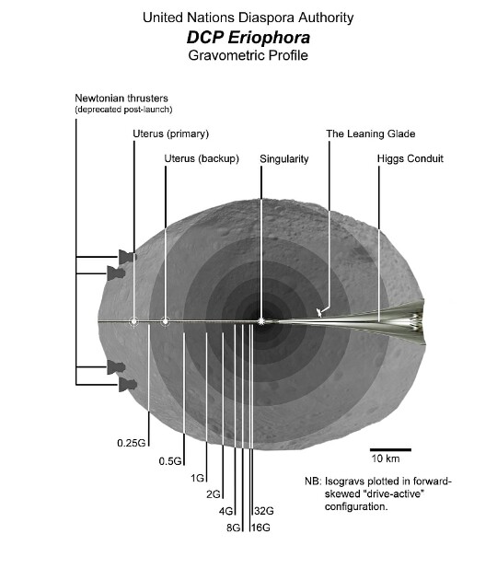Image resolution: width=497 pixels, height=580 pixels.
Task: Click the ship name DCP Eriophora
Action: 248,38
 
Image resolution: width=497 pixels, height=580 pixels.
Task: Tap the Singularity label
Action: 284,159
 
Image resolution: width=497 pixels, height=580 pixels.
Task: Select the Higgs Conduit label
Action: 410,158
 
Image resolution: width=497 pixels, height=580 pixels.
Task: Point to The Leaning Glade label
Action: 371,133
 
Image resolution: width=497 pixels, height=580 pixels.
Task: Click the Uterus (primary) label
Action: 171,133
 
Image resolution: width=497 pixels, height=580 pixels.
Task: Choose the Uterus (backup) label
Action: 202,158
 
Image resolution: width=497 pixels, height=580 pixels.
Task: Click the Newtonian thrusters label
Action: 121,99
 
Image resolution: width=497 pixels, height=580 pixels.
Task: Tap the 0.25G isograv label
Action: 132,443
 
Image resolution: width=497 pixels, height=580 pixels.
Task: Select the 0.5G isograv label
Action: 170,461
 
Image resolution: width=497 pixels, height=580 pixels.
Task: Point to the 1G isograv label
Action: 198,479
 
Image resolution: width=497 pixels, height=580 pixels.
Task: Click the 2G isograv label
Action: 214,494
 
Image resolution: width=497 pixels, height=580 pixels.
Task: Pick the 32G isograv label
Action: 264,511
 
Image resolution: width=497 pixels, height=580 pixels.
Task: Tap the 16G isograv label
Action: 260,528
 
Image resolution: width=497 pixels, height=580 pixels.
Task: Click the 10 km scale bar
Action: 390,450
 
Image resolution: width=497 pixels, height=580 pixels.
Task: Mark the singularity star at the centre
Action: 261,321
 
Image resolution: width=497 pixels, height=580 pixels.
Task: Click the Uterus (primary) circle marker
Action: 133,322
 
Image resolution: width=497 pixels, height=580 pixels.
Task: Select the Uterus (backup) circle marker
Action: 166,322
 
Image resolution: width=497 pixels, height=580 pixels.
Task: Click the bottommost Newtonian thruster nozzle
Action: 128,385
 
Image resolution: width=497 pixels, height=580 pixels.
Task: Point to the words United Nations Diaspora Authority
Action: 248,17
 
